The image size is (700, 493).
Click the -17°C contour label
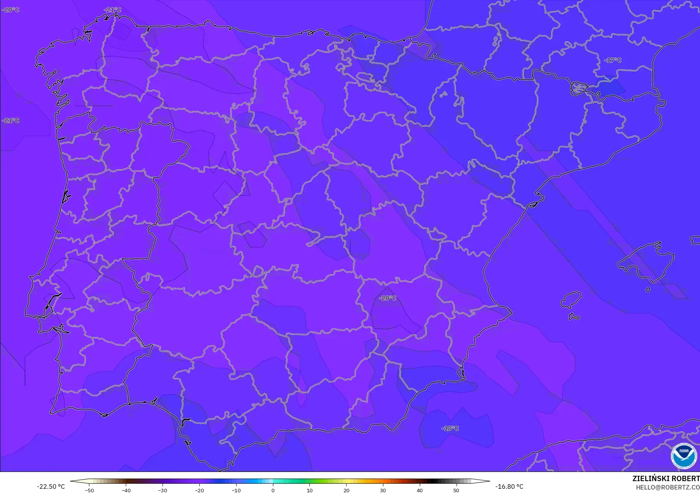point(613,60)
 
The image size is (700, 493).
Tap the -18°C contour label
point(450,428)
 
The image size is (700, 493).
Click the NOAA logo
point(684,455)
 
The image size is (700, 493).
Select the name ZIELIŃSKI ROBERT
point(666,478)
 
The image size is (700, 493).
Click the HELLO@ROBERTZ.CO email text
point(668,487)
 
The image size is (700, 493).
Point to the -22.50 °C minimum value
point(51,486)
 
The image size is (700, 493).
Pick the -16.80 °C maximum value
point(509,486)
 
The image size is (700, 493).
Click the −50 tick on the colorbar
point(89,490)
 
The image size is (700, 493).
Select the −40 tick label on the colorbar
point(126,490)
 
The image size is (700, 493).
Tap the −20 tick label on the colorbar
point(199,490)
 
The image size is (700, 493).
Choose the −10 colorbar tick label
point(236,490)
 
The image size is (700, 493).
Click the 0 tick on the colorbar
point(273,490)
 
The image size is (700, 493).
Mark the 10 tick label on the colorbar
point(309,490)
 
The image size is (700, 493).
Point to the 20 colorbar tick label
point(346,490)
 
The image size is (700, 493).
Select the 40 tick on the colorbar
point(419,490)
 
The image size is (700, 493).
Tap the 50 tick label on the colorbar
point(456,490)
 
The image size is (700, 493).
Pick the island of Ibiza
point(571,300)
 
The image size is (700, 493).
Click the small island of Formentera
point(574,317)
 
